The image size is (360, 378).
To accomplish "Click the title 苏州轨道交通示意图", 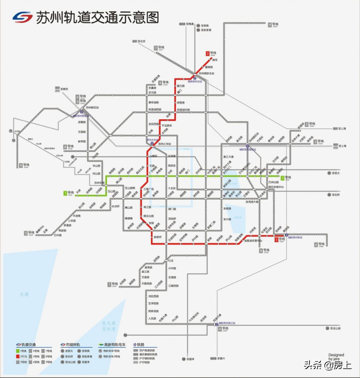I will tap(98, 17).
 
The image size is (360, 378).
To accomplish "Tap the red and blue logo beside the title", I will tap(23, 17).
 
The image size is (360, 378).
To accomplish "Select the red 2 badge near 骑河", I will tap(207, 53).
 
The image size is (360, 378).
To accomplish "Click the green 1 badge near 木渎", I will tap(65, 193).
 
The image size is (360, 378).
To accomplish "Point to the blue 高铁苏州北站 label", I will tap(195, 81).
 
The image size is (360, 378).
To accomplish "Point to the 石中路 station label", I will tap(58, 235).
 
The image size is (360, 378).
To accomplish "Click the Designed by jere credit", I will tap(336, 357).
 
